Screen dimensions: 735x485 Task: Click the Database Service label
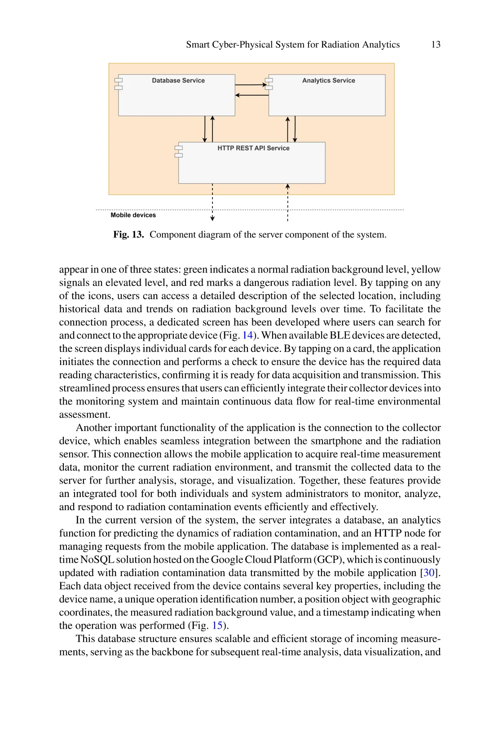point(178,80)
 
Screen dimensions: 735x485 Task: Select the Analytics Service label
point(328,80)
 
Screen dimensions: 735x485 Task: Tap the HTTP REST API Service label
point(253,148)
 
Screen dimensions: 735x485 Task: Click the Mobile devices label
point(133,215)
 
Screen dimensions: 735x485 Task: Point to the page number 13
point(436,44)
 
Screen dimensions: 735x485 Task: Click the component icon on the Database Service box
point(119,84)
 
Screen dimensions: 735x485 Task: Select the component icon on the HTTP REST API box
point(179,151)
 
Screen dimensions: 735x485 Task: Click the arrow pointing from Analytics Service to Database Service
point(251,95)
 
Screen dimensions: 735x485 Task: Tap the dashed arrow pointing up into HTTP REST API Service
point(287,202)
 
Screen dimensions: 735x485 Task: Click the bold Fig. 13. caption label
point(128,234)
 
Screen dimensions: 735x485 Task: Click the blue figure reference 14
point(247,335)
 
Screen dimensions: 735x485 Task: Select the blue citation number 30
point(429,573)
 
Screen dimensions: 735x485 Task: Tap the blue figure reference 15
point(217,625)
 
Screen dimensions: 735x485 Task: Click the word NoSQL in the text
point(97,560)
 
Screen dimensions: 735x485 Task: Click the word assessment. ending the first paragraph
point(84,414)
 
